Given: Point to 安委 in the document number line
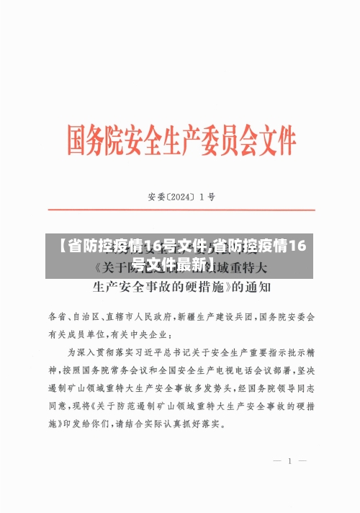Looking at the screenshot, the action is click(x=156, y=195).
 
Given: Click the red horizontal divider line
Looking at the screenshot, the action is click(x=180, y=210).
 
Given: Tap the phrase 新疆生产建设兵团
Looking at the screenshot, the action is click(x=215, y=316).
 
